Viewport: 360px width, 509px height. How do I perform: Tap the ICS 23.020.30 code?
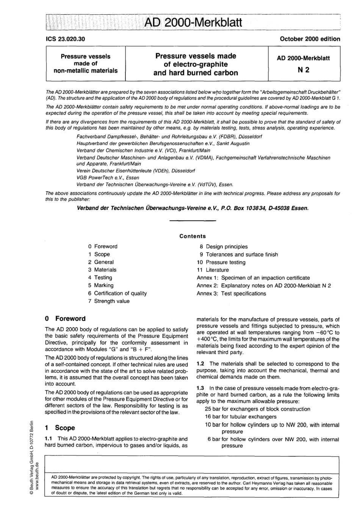[x=65, y=39]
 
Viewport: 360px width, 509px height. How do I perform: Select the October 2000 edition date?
[x=310, y=39]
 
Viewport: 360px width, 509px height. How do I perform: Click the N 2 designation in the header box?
[x=304, y=70]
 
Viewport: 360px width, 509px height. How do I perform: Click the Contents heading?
[x=193, y=236]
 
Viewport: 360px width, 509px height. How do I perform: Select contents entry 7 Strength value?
[x=109, y=301]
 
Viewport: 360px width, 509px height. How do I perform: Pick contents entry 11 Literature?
[x=213, y=270]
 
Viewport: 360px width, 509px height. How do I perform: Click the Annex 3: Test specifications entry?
[x=231, y=294]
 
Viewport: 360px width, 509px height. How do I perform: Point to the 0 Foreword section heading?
[x=65, y=319]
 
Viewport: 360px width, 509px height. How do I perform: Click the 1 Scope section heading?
[x=60, y=428]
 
